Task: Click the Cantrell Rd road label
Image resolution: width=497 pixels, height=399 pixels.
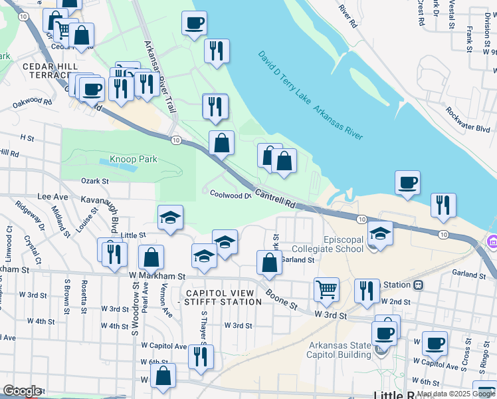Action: point(274,198)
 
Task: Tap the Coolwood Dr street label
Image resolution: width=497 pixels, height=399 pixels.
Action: point(231,195)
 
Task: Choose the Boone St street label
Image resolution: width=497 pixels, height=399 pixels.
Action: point(282,297)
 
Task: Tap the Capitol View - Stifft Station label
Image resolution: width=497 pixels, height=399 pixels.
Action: point(214,297)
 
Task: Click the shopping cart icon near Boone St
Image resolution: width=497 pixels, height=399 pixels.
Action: point(326,290)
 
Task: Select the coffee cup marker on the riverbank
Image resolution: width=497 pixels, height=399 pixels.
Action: point(407,182)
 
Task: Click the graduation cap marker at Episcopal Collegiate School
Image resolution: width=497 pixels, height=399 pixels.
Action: point(381,233)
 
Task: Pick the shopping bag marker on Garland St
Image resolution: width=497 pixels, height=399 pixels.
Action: point(269,263)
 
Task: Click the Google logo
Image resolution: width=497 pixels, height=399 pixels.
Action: point(22,391)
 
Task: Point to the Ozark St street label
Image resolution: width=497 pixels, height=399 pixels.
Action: point(94,181)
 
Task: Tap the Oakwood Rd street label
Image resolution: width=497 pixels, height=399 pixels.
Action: point(31,102)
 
